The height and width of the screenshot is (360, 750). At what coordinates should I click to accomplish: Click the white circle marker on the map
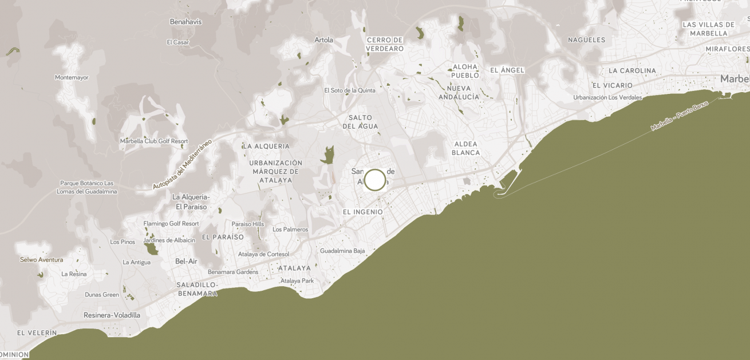pos(375,180)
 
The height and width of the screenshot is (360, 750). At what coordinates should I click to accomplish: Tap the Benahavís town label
pos(186,22)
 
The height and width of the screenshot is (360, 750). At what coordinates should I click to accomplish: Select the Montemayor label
pos(72,77)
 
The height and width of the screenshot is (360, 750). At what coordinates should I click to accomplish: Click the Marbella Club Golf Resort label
pos(154,141)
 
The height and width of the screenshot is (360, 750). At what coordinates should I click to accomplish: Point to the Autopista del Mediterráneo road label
pos(182,164)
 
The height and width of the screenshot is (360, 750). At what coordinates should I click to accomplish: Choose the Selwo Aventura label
pos(41,259)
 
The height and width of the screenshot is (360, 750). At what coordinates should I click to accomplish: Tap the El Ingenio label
pos(363,212)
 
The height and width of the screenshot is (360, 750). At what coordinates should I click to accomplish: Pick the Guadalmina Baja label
pos(342,251)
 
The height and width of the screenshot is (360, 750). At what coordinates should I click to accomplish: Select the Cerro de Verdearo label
pos(385,44)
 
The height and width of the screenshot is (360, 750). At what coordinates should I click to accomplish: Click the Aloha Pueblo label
pos(465,71)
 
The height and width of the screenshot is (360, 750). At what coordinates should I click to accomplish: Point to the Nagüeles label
pos(586,40)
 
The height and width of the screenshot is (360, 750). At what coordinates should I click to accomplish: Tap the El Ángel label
pos(507,70)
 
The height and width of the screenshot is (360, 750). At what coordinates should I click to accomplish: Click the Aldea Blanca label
pos(466,148)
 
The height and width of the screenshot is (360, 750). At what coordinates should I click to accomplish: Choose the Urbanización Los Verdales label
pos(607,97)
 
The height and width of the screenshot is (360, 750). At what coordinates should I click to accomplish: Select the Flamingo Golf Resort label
pos(171,223)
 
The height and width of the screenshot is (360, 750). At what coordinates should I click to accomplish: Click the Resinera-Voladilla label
pos(112,315)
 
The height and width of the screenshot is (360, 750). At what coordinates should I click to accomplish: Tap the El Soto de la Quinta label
pos(350,90)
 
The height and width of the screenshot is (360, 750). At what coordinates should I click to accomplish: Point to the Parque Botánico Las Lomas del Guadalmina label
pos(87,187)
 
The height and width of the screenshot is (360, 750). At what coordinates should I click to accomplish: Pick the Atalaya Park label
pos(297,280)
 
